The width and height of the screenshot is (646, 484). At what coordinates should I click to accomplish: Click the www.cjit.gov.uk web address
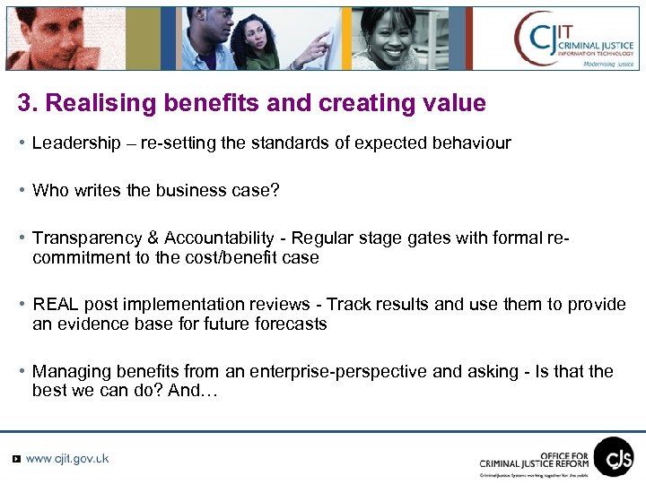click(67, 458)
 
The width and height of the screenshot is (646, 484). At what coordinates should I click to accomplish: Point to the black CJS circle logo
click(614, 456)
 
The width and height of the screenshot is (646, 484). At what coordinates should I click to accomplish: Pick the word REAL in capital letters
click(55, 305)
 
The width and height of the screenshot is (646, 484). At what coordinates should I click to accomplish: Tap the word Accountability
click(218, 238)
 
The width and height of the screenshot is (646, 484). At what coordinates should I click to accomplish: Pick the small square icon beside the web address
click(15, 459)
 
